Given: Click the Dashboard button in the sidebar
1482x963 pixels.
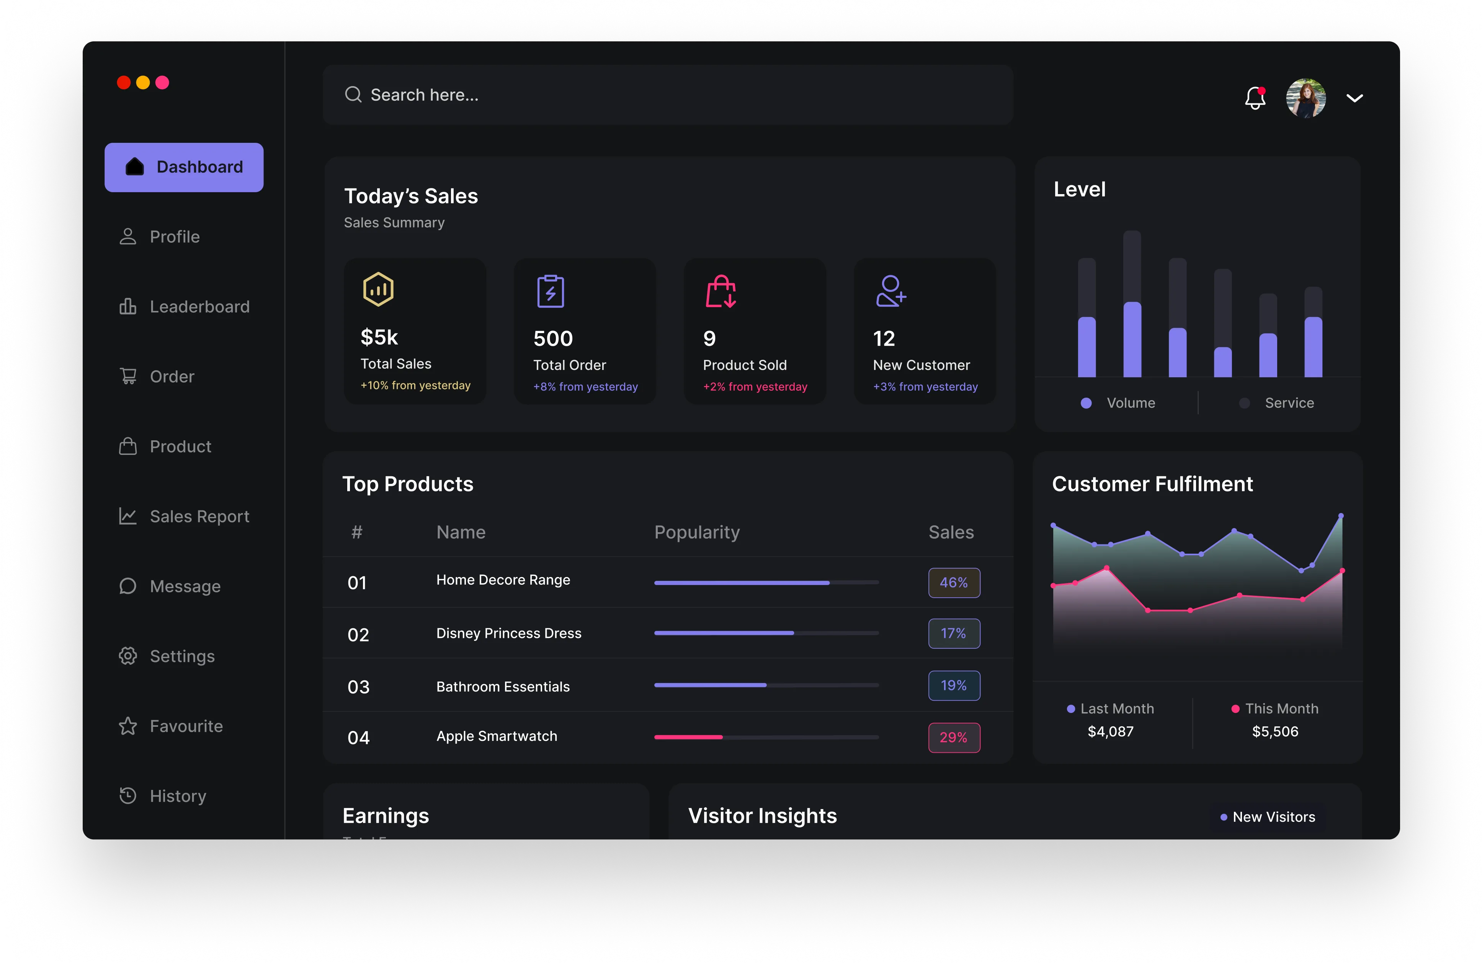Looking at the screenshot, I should pos(184,167).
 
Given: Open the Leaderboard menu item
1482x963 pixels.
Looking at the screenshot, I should pos(199,306).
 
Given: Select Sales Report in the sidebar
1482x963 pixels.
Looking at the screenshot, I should pos(199,517).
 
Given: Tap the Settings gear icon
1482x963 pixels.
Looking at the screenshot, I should pos(127,656).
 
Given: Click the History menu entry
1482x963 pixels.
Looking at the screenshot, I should pos(178,796).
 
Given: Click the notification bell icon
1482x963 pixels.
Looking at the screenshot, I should pos(1255,98).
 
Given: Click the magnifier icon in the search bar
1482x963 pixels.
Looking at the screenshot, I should pos(353,95).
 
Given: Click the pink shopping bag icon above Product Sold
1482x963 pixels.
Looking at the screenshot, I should pos(721,291).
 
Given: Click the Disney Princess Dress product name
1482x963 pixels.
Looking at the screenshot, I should pos(509,633).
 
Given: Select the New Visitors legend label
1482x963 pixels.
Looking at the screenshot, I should pos(1273,817).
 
